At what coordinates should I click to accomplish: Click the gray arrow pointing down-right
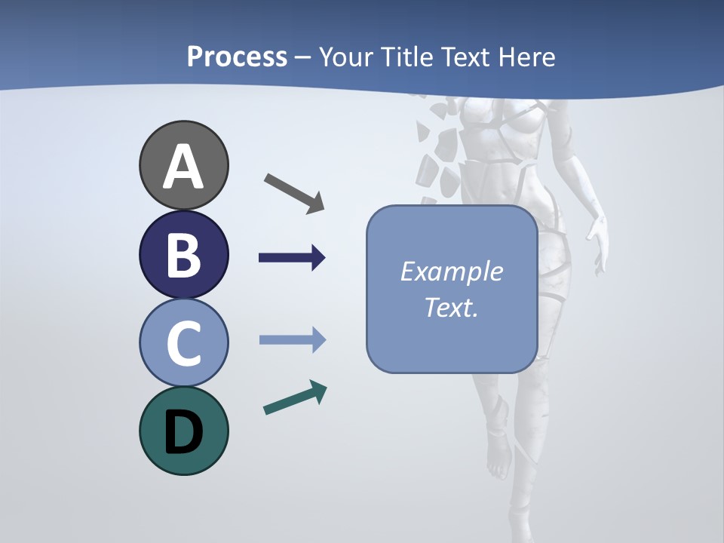click(294, 192)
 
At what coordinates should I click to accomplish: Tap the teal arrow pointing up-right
click(295, 397)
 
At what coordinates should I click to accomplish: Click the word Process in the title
click(237, 57)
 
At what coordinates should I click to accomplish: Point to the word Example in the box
click(451, 271)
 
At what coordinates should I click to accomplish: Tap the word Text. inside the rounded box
click(451, 308)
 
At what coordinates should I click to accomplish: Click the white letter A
click(183, 167)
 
